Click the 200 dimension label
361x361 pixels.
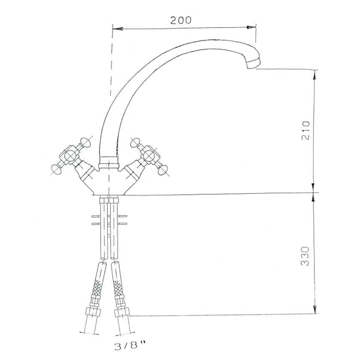click(x=180, y=20)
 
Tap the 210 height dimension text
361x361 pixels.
click(x=306, y=130)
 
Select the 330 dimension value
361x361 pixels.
click(x=305, y=256)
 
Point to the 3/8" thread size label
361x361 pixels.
click(x=130, y=345)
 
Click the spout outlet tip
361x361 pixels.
click(x=254, y=63)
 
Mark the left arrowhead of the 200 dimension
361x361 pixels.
click(x=118, y=29)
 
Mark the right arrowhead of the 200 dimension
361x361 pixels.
click(x=251, y=27)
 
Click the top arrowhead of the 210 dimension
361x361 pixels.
click(x=315, y=74)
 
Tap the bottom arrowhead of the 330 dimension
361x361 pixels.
click(x=315, y=308)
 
